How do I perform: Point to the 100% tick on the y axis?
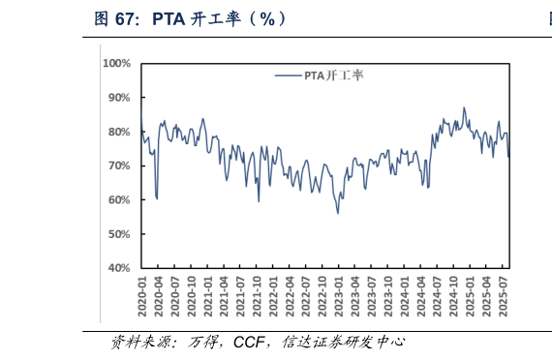116,64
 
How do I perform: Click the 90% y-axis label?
118,98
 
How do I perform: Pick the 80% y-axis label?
118,132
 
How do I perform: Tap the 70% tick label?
118,165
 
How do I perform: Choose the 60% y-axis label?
118,200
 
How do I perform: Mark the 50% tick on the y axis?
118,234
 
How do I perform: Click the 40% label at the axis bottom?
118,268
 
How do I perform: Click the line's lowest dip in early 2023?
338,213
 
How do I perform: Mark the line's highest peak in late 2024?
464,107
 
